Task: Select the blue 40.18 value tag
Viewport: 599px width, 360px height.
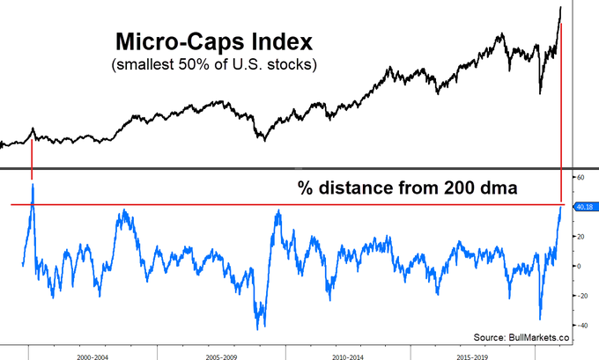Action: [585, 207]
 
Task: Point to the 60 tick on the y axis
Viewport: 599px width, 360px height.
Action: [581, 177]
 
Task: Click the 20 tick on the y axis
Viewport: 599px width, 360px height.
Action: [581, 236]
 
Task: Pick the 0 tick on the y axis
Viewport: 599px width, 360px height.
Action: [579, 266]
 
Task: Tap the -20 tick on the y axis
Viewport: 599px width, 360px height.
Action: [581, 295]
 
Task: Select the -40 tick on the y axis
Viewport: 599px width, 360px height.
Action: [581, 325]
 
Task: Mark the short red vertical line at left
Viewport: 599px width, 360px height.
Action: [32, 158]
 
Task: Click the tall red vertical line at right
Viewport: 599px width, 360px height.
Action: [562, 114]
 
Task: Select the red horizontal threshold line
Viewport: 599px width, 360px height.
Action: [291, 205]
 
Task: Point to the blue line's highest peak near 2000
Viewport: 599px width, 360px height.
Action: [32, 185]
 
